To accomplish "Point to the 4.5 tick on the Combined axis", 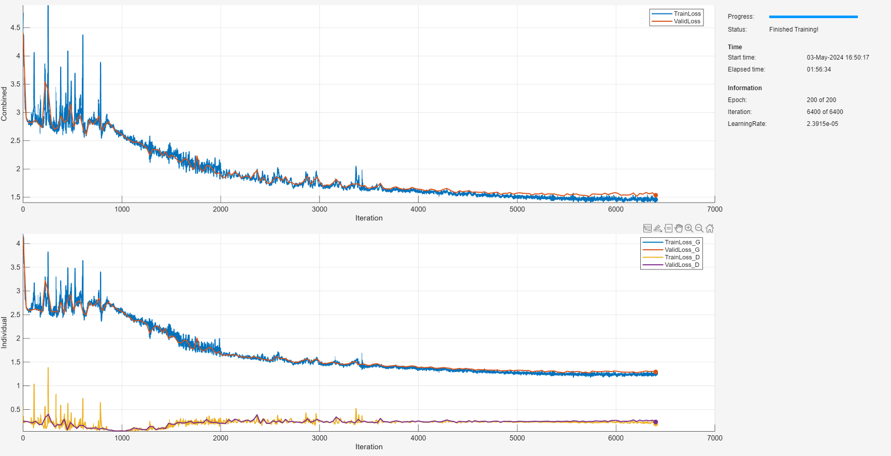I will pos(16,28).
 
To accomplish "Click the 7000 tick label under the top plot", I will pos(714,209).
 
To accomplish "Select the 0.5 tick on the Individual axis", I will pos(16,409).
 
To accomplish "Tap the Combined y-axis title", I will pos(4,104).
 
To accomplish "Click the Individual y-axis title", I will pos(4,333).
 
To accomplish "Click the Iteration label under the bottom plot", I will pos(369,447).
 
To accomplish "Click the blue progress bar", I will pos(813,17).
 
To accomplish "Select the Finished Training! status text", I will pos(794,30).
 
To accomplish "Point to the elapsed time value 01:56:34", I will pos(818,69).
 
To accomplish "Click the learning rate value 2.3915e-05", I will pos(822,124).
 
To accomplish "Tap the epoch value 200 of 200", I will pos(821,100).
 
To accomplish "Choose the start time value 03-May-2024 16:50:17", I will pos(838,58).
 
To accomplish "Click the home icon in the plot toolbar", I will pos(710,229).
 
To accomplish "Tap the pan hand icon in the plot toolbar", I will pos(679,229).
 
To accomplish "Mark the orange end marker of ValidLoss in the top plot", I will pos(655,195).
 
